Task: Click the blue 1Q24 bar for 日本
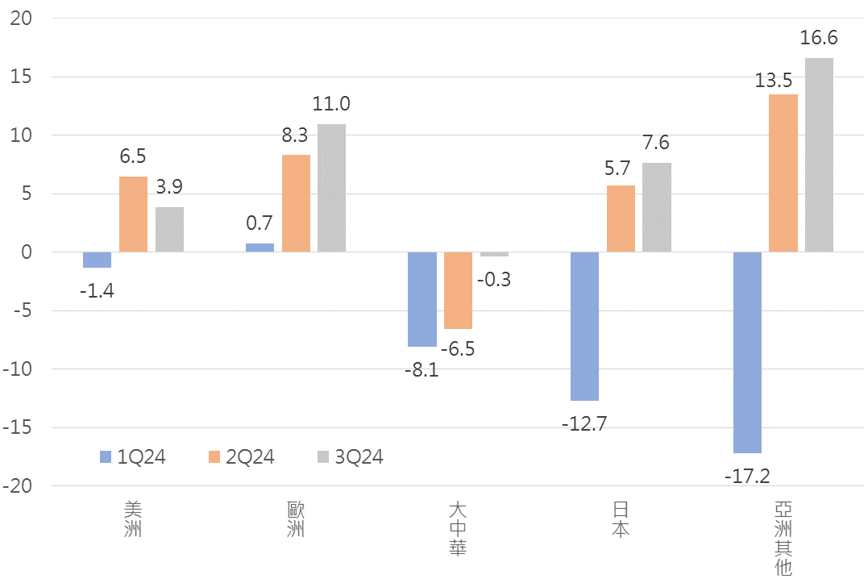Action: (584, 326)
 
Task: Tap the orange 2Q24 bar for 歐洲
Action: (296, 203)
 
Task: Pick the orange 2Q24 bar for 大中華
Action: (458, 290)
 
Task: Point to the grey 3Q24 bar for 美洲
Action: (169, 230)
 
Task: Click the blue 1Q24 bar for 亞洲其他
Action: (747, 352)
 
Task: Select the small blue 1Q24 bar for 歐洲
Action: (260, 248)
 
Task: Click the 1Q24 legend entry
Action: (133, 457)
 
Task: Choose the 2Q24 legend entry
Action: (241, 457)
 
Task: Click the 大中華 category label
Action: (458, 529)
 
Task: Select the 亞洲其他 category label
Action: (783, 539)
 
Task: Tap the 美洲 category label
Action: (133, 520)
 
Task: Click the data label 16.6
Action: (819, 37)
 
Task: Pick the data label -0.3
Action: (494, 280)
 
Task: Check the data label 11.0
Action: (332, 103)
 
